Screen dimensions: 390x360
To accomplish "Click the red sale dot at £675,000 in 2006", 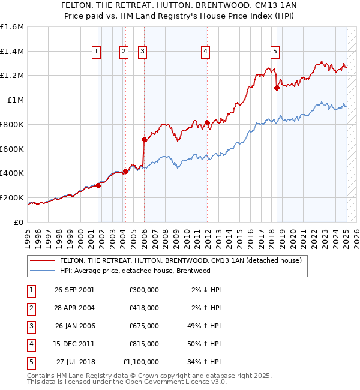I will [144, 139].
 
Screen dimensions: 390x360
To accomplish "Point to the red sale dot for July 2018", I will [277, 88].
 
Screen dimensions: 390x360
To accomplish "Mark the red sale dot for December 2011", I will [207, 122].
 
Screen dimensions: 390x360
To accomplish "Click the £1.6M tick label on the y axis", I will [12, 27].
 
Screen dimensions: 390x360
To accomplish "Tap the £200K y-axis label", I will [12, 197].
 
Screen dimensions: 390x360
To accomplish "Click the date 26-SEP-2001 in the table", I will [74, 290].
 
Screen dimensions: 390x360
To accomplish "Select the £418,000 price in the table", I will [144, 308].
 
